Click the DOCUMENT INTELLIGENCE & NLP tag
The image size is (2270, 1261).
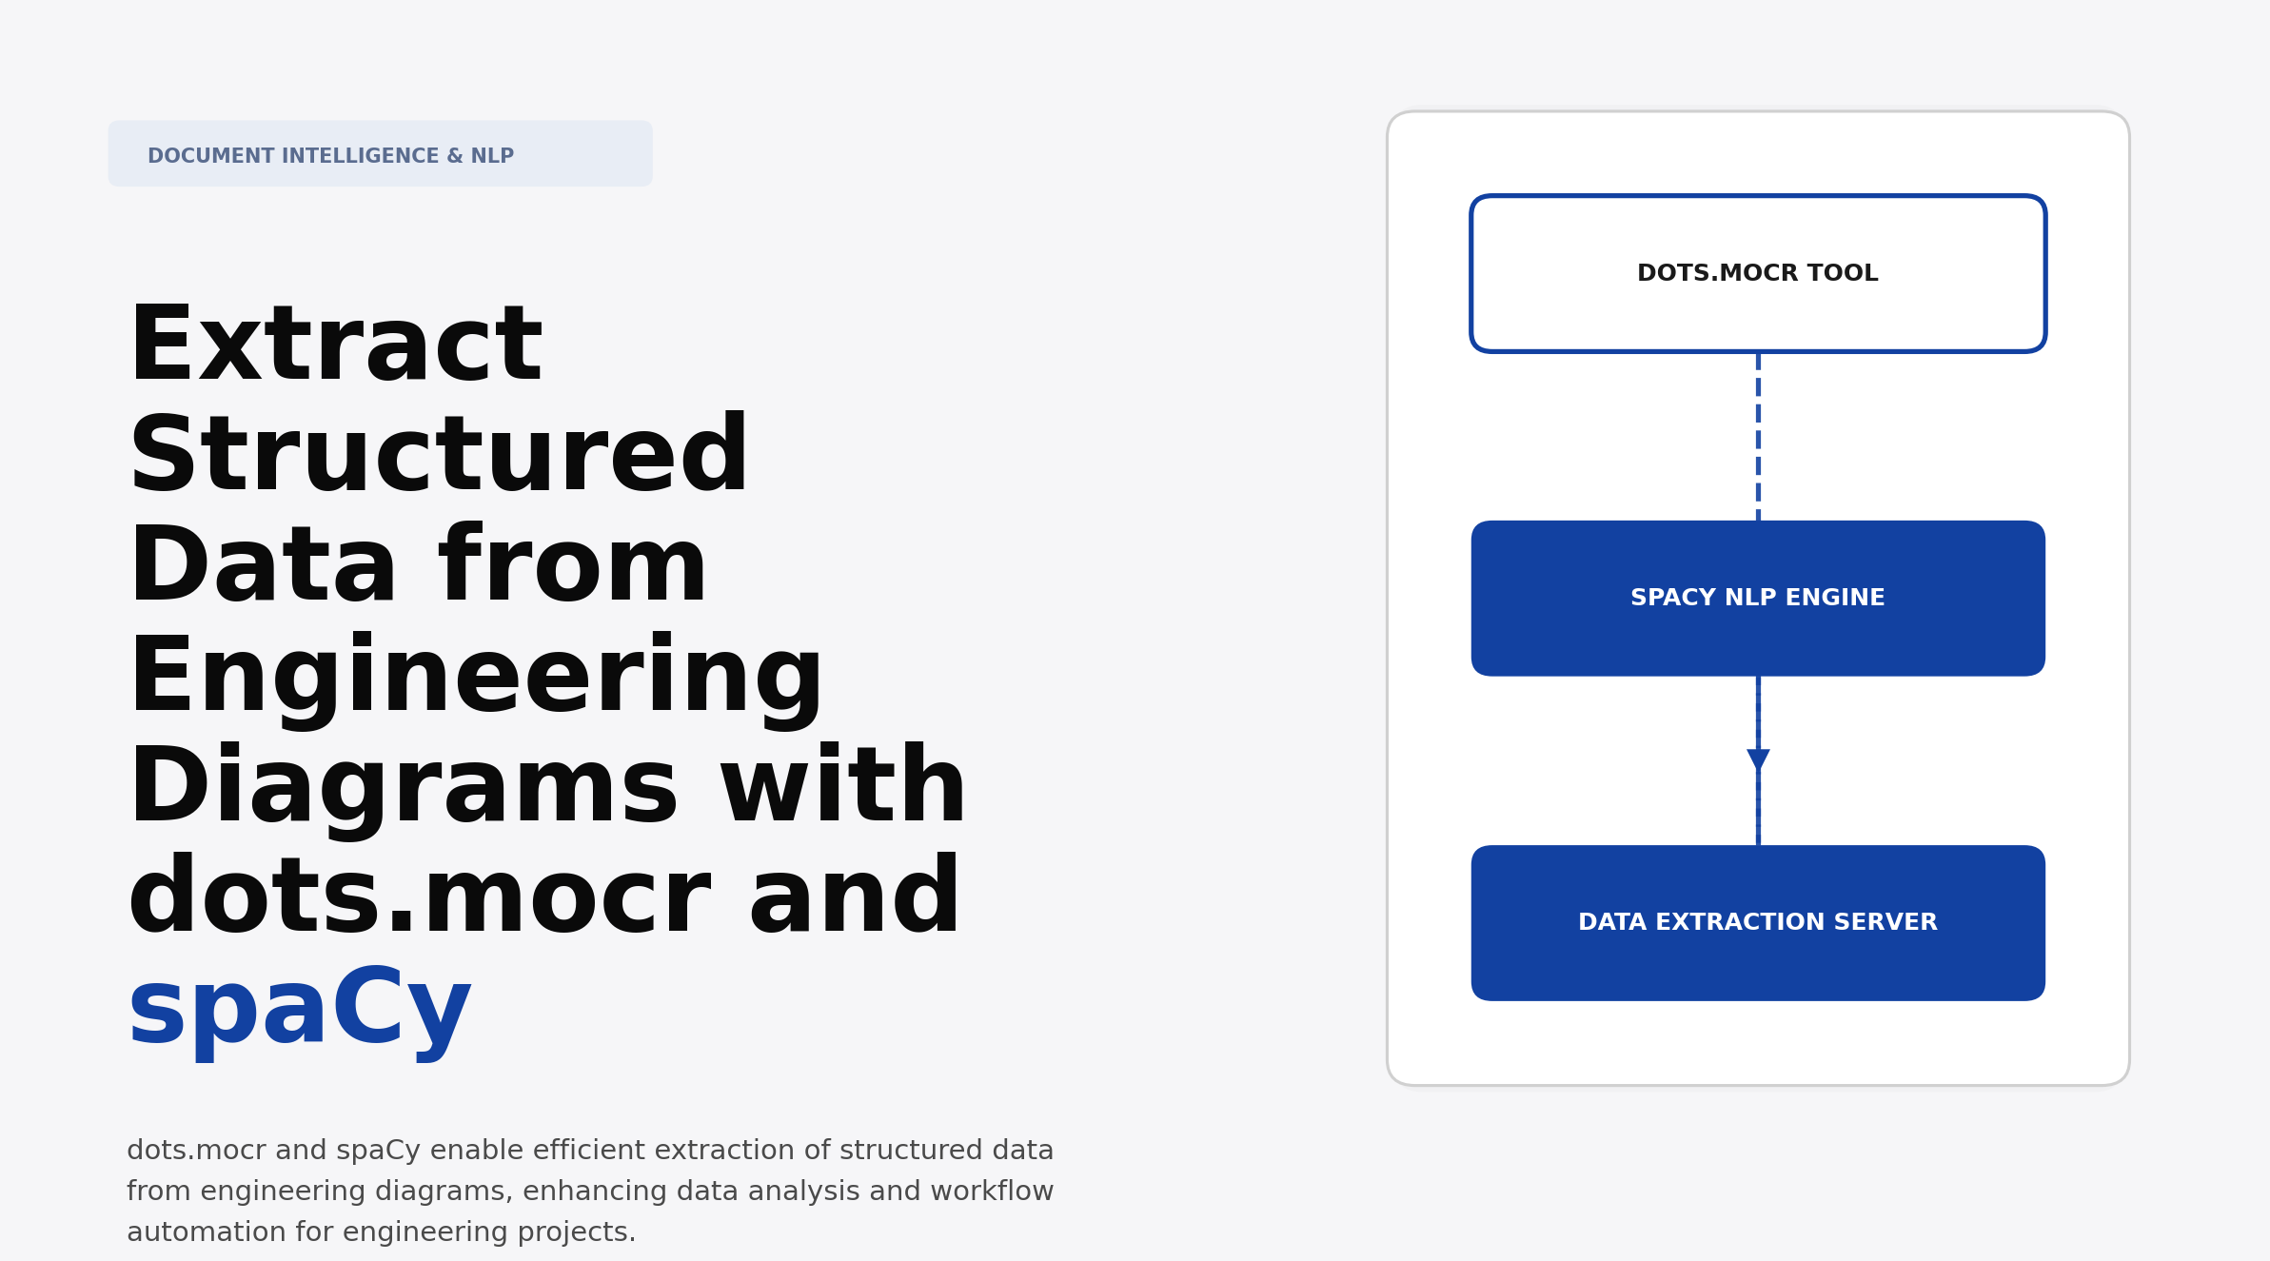pos(380,154)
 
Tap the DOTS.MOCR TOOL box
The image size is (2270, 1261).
pos(1757,274)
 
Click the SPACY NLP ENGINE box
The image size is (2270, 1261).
pos(1757,598)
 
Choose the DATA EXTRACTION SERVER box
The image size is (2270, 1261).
pos(1757,922)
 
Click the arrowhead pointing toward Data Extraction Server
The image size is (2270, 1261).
pos(1758,759)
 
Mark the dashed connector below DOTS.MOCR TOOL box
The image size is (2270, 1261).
pos(1758,436)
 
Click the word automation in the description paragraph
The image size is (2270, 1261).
pos(207,1232)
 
